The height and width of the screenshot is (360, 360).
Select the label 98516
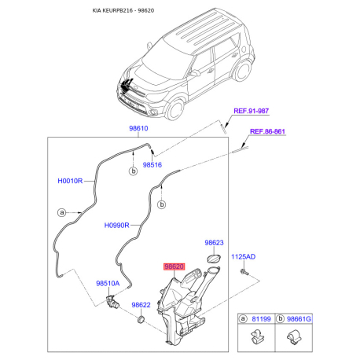coord(152,166)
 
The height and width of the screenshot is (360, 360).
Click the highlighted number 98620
coord(173,267)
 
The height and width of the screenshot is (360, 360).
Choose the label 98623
coord(215,244)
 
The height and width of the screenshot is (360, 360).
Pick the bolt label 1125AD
coord(244,257)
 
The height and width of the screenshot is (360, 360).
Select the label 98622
coord(141,305)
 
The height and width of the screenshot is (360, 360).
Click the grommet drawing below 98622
coord(140,321)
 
